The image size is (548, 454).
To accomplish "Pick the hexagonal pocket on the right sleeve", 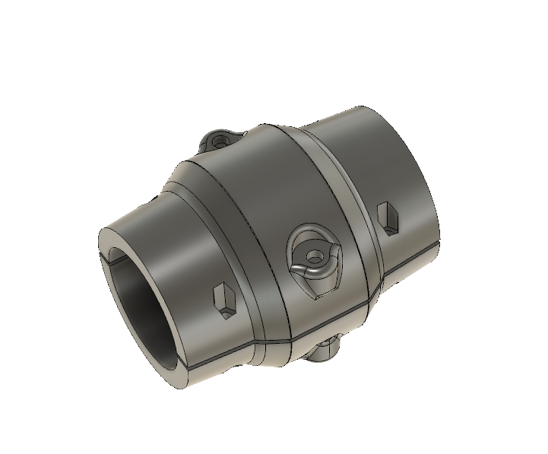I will (x=389, y=217).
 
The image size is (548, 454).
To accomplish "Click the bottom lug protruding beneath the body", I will (x=325, y=351).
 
